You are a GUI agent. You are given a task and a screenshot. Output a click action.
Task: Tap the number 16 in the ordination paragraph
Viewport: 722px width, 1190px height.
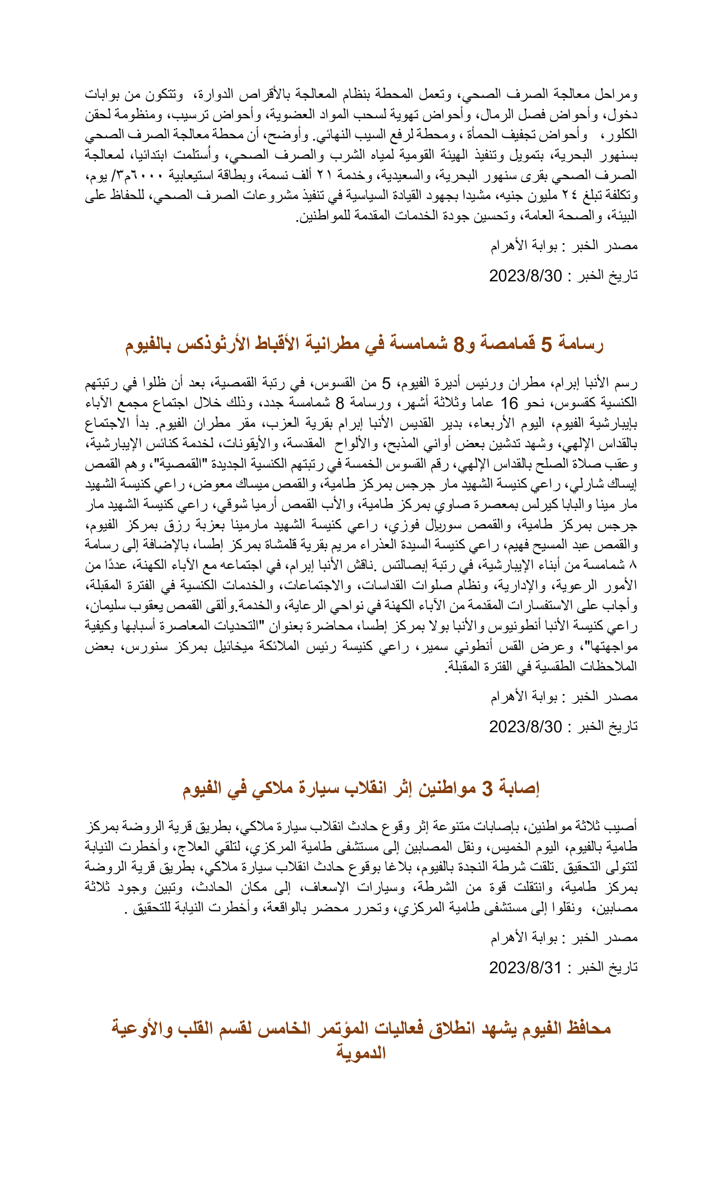[509, 403]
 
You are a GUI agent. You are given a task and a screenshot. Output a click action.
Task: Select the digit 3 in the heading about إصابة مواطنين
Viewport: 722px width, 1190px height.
[488, 788]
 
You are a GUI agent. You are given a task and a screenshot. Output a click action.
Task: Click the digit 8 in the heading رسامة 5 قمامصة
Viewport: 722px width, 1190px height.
[458, 344]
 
